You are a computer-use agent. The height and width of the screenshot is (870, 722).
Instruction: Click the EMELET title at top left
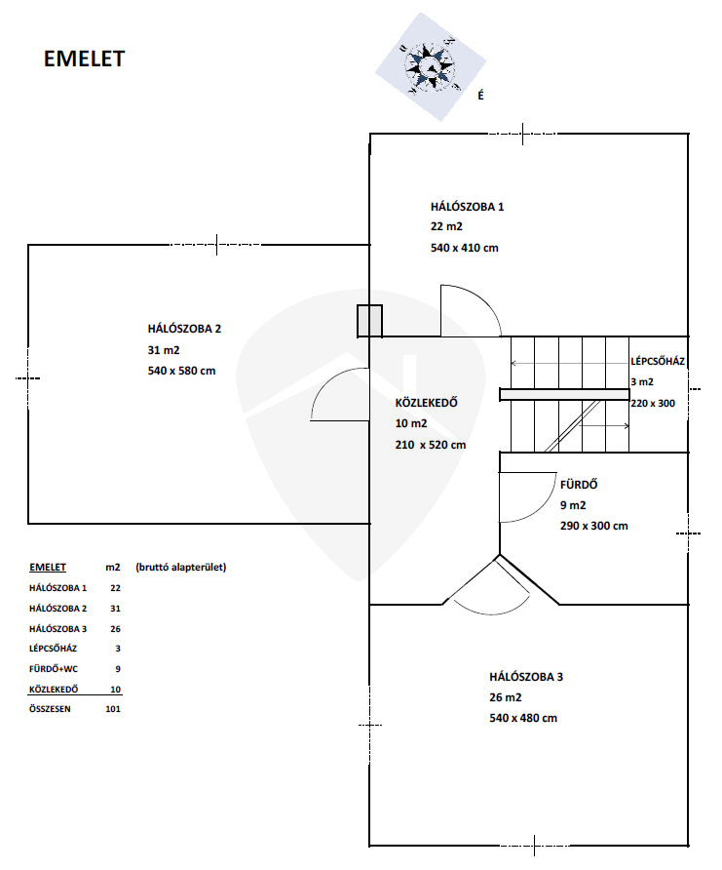84,59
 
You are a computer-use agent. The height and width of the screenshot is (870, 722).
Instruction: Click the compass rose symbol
430,67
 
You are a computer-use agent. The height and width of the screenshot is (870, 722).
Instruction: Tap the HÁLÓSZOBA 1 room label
467,207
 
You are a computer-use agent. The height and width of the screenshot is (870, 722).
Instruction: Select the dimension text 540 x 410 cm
465,248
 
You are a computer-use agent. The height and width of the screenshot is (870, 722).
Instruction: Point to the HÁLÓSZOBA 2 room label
184,329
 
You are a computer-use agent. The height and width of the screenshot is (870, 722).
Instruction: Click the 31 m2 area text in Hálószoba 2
164,350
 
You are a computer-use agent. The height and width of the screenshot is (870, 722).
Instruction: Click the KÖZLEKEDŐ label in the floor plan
426,403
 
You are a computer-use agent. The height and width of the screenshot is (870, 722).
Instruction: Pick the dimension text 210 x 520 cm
431,445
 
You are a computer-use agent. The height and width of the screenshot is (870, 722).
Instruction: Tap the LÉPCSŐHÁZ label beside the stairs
658,361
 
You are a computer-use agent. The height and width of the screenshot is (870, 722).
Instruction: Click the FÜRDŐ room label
579,485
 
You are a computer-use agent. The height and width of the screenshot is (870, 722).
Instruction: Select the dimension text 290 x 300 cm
594,526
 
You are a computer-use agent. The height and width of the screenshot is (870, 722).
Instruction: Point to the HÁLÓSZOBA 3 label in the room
526,677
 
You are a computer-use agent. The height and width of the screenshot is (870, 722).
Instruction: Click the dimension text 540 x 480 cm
523,718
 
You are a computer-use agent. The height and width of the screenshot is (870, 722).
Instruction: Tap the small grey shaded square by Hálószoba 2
369,321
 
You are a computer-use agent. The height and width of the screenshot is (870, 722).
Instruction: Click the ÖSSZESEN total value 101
113,709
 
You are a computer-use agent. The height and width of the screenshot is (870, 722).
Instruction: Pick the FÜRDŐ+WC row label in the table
54,669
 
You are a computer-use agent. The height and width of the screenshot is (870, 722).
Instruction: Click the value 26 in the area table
115,629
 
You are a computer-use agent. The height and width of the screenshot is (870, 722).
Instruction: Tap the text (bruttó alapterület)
180,567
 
